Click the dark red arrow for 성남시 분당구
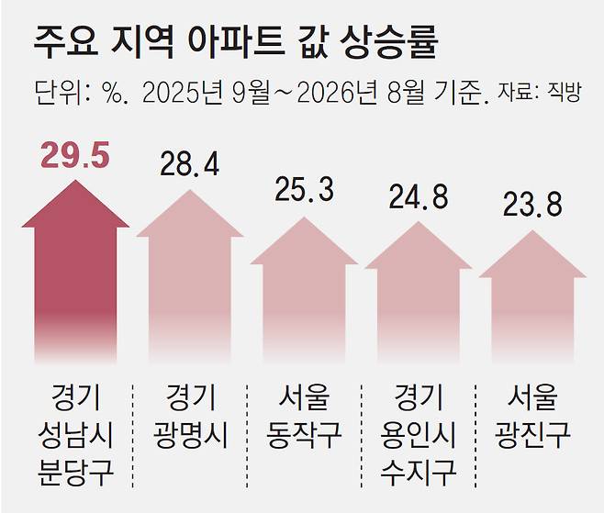(75, 272)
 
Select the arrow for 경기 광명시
(189, 276)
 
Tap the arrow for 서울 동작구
(304, 290)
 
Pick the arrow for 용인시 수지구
(419, 293)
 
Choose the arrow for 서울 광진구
(532, 296)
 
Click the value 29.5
(75, 155)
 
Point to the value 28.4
(189, 164)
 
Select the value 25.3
(304, 189)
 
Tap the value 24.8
(419, 196)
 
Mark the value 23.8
(532, 205)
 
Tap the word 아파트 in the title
(237, 43)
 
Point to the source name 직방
(565, 93)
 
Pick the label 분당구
(75, 473)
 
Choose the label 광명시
(190, 435)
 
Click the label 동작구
(305, 435)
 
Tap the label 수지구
(419, 473)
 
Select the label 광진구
(532, 435)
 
